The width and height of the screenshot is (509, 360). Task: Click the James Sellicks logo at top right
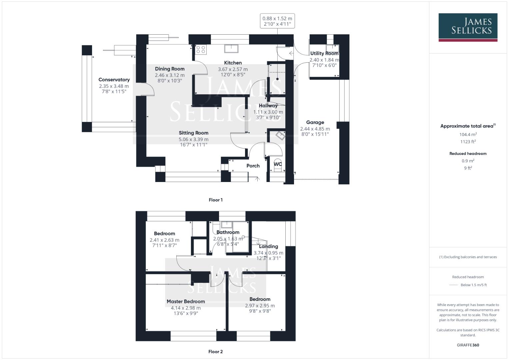[468, 27]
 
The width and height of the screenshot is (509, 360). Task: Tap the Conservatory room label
[114, 80]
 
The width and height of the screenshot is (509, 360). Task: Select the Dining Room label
[170, 69]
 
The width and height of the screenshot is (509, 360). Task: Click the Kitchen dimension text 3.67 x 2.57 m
[233, 69]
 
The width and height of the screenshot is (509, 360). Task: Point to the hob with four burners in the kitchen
[201, 49]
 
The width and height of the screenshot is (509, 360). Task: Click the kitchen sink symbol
[231, 48]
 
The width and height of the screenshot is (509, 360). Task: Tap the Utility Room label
[324, 53]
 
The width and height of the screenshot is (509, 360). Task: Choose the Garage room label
[315, 122]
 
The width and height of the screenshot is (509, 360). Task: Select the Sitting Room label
[193, 133]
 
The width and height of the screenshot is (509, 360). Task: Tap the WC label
[278, 164]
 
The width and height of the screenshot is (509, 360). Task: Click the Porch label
[253, 166]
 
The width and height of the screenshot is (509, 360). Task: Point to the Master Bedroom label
[186, 301]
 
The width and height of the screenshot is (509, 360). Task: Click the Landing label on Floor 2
[268, 247]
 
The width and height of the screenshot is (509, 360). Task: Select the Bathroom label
[228, 232]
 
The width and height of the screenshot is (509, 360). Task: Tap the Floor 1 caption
[216, 200]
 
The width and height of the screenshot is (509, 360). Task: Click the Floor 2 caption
[216, 352]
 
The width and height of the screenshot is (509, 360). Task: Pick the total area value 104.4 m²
[468, 134]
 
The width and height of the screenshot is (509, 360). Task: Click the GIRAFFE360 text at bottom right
[468, 345]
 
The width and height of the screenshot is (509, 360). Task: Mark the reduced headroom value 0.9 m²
[468, 161]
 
